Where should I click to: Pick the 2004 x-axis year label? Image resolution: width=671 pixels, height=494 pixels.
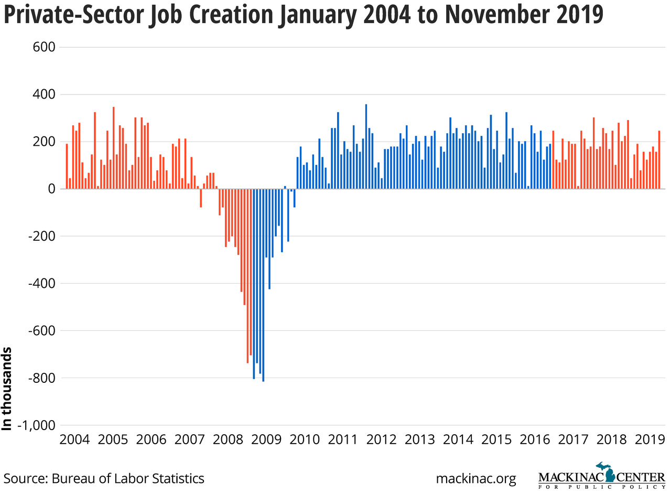(x=75, y=439)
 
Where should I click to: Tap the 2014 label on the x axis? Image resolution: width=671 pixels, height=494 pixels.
(x=459, y=439)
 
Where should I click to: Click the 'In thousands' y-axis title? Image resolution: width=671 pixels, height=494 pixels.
(x=7, y=388)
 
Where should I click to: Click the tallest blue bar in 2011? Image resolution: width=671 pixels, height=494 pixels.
(x=366, y=146)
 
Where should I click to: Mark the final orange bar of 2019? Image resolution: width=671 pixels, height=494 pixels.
(x=659, y=159)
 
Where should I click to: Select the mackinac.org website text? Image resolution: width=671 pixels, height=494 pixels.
(x=475, y=478)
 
